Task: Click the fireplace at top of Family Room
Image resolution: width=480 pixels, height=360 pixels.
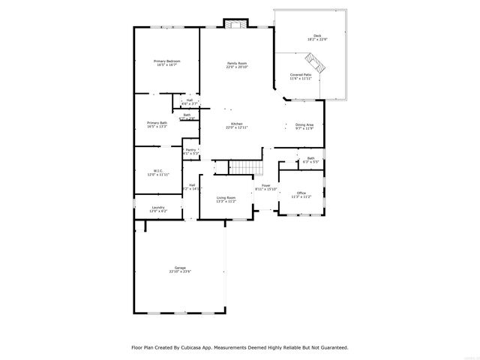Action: coord(237,25)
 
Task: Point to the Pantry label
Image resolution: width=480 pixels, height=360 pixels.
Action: coord(190,150)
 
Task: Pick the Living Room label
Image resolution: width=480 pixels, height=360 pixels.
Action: coord(226,198)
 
